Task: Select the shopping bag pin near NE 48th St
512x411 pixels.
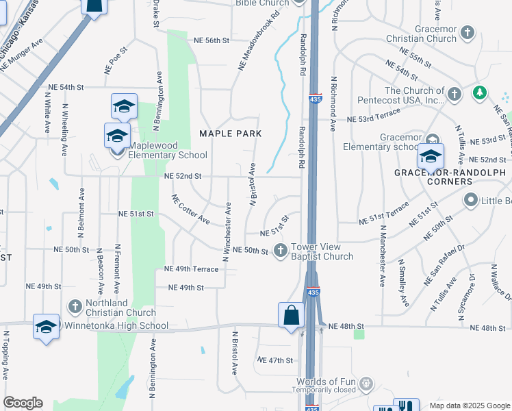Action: pyautogui.click(x=291, y=316)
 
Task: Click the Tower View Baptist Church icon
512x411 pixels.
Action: pyautogui.click(x=280, y=251)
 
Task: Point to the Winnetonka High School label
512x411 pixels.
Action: pyautogui.click(x=116, y=326)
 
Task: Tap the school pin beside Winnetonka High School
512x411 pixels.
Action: pyautogui.click(x=46, y=327)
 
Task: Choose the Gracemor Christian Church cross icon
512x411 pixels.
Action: pyautogui.click(x=468, y=32)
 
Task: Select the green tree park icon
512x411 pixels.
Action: pyautogui.click(x=480, y=92)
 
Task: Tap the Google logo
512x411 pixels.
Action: pyautogui.click(x=23, y=403)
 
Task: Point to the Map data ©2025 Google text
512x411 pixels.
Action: pyautogui.click(x=470, y=406)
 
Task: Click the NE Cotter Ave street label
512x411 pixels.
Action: pyautogui.click(x=191, y=210)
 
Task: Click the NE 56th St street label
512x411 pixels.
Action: pyautogui.click(x=210, y=40)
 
